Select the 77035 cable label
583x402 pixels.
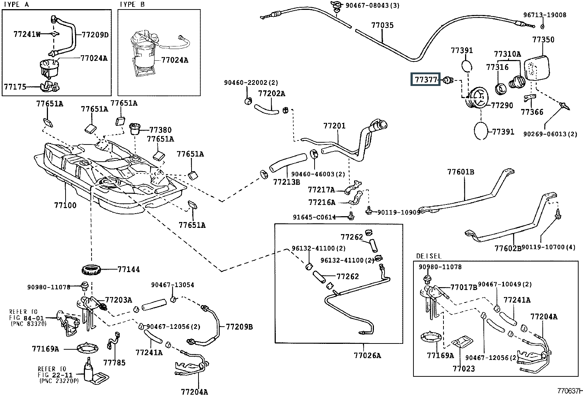382,26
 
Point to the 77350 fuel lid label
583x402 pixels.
543,40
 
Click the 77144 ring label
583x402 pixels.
129,270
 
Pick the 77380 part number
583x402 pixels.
160,130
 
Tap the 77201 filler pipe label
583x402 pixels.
334,126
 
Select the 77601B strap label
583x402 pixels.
460,172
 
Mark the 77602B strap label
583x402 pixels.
508,248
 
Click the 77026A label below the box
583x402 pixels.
367,355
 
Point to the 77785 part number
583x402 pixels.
114,363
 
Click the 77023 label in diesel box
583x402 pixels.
464,369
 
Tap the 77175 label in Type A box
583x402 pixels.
15,87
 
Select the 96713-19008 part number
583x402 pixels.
545,15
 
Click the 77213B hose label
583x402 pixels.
286,181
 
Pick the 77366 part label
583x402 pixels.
532,112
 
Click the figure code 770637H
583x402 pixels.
570,391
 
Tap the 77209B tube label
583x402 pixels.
239,327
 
